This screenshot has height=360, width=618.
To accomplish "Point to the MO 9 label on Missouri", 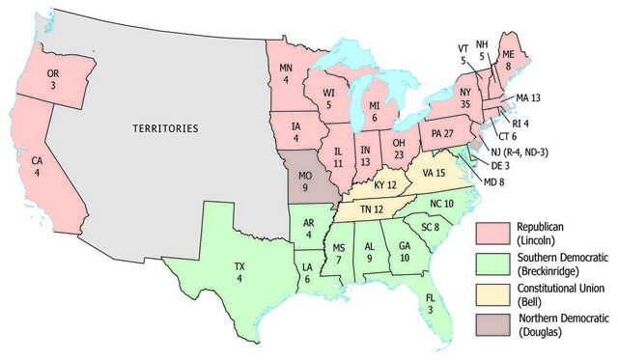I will [308, 181].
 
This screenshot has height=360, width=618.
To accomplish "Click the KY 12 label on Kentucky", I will [385, 184].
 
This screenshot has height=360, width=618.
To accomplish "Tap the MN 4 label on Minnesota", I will [286, 74].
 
